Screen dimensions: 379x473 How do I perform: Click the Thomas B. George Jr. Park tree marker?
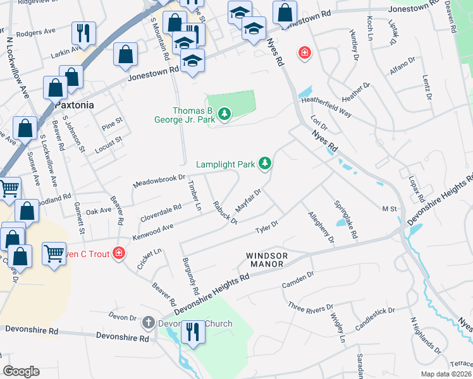224,114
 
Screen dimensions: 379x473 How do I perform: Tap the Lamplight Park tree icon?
266,164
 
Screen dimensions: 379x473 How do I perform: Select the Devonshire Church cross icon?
149,323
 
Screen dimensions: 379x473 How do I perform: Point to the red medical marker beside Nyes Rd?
305,52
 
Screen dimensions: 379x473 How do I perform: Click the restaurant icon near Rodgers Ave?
84,33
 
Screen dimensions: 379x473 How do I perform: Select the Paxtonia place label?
75,105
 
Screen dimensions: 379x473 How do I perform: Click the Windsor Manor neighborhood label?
267,259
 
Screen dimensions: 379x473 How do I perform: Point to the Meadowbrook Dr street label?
159,181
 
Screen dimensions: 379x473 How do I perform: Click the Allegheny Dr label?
321,227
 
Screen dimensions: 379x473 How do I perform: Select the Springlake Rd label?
346,220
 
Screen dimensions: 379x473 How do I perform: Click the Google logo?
21,371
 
